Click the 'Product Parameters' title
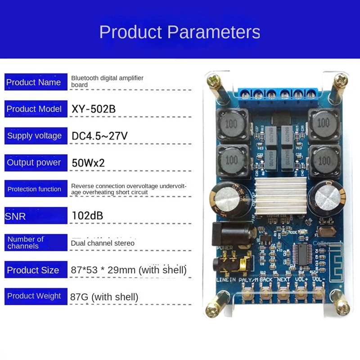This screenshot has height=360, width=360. [x=180, y=32]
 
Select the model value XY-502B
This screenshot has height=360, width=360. [x=93, y=109]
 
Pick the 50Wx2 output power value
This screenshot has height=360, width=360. [x=88, y=162]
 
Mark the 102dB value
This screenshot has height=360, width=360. [x=87, y=216]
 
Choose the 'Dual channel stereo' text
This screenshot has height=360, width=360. [x=103, y=243]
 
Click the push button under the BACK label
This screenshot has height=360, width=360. [x=265, y=295]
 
